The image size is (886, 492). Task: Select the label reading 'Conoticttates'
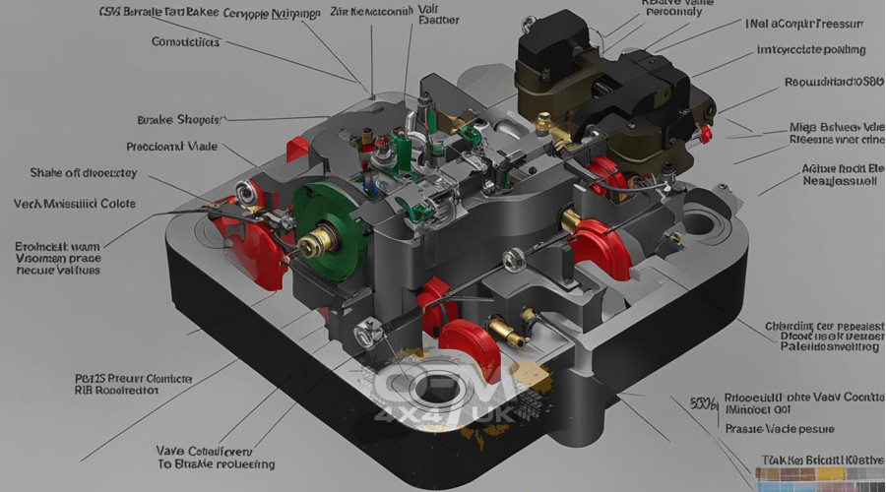[x=186, y=42]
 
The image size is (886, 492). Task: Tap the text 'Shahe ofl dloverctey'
[x=84, y=173]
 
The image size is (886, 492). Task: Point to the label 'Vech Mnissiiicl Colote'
[x=75, y=204]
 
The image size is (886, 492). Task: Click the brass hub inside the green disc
[x=315, y=242]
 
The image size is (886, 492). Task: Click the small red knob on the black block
[x=704, y=133]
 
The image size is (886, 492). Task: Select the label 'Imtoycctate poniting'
[x=810, y=49]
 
